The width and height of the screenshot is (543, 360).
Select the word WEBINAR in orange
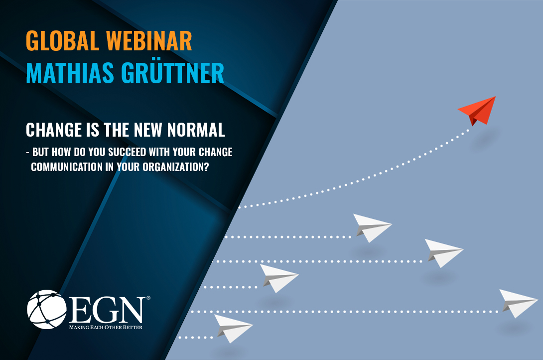[x=149, y=41]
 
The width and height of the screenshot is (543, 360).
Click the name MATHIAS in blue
[x=70, y=73]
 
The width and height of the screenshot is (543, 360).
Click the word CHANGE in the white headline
[x=54, y=130]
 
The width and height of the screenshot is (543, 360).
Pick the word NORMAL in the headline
[x=196, y=130]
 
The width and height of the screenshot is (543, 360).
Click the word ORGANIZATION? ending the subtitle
[x=176, y=167]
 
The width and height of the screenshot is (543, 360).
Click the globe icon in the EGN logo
[x=47, y=310]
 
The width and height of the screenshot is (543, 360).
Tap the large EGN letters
[x=109, y=310]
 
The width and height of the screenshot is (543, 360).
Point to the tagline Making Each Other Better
[x=106, y=327]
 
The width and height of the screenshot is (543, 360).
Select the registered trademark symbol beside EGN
[x=148, y=298]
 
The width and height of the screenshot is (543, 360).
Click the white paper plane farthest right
[x=519, y=303]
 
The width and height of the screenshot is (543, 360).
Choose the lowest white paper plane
[x=234, y=328]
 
